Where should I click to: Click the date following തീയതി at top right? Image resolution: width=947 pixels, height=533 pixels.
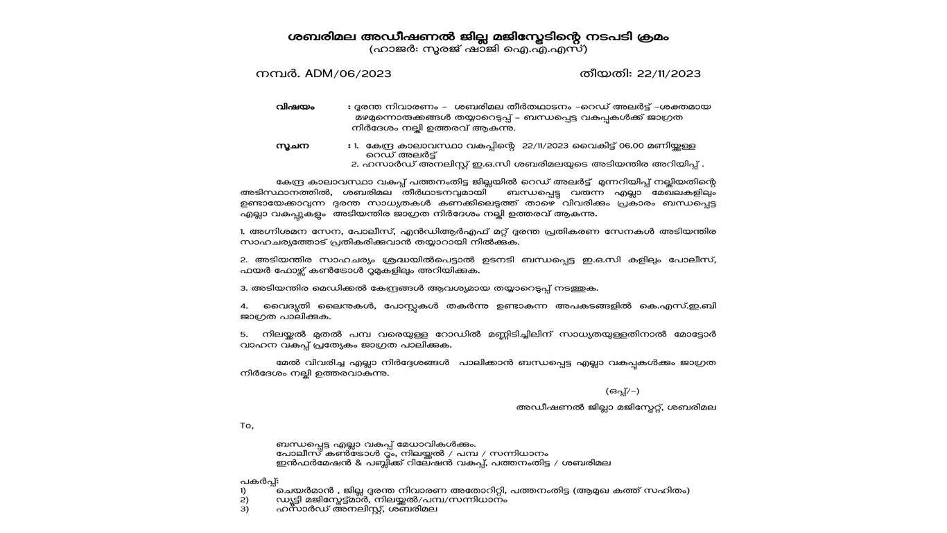coord(668,74)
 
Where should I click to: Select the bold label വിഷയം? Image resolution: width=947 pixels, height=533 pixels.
coord(295,107)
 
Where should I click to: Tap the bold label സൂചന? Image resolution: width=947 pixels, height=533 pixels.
coord(292,146)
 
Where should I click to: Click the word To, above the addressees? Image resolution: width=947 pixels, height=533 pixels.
coord(247,425)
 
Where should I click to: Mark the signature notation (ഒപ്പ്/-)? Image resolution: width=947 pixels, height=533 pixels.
coord(622,391)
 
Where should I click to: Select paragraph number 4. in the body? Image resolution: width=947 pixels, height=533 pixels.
coord(244,306)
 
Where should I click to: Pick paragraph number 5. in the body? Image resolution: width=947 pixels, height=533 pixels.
coord(244,335)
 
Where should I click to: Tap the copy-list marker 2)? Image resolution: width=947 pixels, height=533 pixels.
coord(244,500)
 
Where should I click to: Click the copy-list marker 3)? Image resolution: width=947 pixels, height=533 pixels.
coord(244,509)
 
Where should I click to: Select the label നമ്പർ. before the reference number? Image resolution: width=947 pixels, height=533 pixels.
coord(278,74)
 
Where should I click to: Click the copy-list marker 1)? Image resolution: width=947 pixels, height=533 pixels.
coord(243,491)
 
